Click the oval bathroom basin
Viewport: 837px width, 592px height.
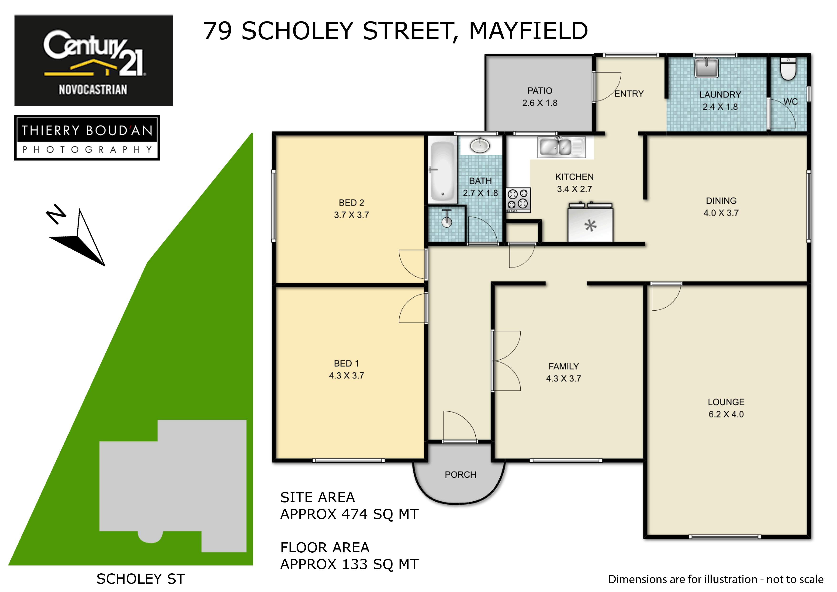point(480,146)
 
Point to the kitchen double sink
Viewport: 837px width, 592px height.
point(562,147)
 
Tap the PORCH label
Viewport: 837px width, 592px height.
point(460,475)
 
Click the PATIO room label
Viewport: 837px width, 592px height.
point(540,90)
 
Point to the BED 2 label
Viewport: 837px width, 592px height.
point(351,203)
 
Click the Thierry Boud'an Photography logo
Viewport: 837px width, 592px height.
point(87,138)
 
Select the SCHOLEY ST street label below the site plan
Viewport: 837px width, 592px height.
point(141,579)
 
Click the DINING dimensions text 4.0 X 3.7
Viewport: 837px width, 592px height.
point(721,213)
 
